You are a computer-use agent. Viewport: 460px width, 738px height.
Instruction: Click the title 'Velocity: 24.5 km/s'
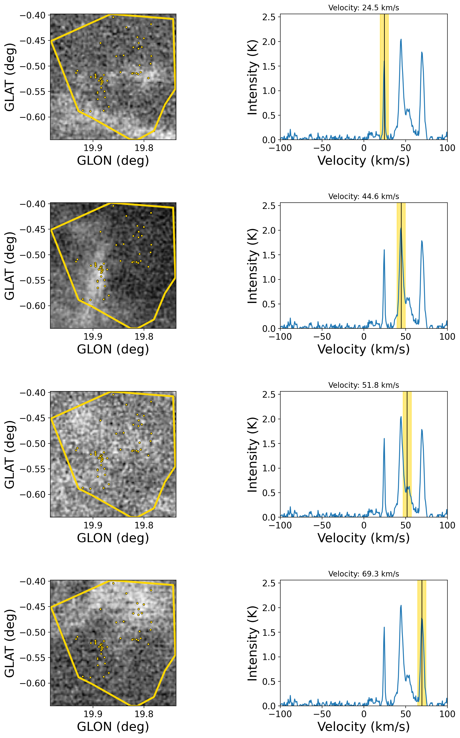[364, 8]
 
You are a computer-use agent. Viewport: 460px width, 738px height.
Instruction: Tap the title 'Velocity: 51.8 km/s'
[364, 385]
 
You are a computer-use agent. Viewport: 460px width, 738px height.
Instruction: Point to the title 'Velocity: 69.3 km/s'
[364, 574]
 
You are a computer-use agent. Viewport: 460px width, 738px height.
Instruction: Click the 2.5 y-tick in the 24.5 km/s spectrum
[269, 17]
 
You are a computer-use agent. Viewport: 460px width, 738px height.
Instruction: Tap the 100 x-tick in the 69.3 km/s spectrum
[447, 714]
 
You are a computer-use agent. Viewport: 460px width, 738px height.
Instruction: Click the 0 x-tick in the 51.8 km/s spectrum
[364, 525]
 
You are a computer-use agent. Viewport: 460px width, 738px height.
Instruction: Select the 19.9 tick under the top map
[93, 148]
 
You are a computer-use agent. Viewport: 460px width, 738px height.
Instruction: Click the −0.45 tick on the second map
[33, 229]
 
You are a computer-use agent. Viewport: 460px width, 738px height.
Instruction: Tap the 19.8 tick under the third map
[144, 525]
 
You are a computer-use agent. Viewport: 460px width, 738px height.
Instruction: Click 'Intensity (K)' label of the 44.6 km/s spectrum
[252, 266]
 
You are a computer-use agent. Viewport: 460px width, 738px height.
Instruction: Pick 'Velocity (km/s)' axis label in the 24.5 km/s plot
[364, 161]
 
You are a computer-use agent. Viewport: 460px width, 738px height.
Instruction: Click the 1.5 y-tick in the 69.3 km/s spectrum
[269, 632]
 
